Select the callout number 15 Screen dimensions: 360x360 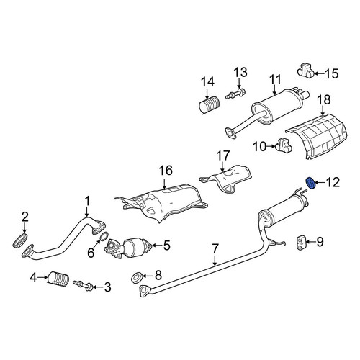[332, 73]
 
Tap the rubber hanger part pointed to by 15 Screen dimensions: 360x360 [305, 71]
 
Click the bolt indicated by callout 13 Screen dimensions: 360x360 [235, 94]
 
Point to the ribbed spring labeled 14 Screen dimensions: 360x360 [209, 104]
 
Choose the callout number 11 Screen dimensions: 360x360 [275, 79]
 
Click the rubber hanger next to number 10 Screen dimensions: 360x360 [283, 145]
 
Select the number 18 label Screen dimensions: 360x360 [324, 100]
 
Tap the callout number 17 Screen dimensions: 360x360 [223, 156]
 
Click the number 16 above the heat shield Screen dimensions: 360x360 [166, 171]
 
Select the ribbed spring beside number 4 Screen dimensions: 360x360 [58, 280]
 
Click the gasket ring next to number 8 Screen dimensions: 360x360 [137, 278]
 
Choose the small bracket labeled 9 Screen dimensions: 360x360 [301, 243]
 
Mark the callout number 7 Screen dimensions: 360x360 [215, 248]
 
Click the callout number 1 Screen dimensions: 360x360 [87, 201]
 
